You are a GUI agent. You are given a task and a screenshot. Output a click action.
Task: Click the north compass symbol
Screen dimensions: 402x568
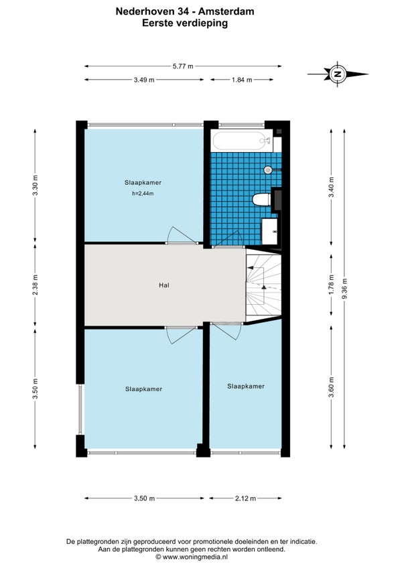coord(338,74)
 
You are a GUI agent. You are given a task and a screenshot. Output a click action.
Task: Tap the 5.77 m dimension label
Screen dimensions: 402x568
coord(183,66)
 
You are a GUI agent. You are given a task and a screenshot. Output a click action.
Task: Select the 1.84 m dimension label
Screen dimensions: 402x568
coord(242,80)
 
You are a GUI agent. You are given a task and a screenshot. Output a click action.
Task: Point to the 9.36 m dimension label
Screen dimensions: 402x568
coord(344,289)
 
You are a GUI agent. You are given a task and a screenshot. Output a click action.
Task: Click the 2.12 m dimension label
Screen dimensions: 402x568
coord(245,498)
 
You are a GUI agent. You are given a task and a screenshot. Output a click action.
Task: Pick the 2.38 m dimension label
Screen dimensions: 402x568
coord(35,285)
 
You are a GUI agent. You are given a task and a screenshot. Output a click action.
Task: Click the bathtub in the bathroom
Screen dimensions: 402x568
coord(242,141)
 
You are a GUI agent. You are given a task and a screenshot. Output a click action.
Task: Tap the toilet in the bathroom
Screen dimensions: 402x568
coord(261,199)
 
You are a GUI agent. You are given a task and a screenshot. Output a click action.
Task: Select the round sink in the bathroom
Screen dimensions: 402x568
coord(268,169)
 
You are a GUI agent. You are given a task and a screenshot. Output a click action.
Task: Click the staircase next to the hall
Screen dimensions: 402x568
coord(263,285)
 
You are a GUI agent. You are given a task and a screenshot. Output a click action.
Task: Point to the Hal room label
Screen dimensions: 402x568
coord(164,285)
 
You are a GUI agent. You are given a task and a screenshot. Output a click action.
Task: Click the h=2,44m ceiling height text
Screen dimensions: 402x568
coord(143,194)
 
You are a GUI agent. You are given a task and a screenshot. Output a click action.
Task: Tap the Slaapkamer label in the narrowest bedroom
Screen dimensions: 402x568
coord(246,386)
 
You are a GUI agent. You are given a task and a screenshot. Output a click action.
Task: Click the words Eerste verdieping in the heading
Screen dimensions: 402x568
coord(185,23)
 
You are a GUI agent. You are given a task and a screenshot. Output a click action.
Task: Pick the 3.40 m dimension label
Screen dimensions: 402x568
coord(331,188)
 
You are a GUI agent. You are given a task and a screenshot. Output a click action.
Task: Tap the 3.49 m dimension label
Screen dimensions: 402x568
coord(144,80)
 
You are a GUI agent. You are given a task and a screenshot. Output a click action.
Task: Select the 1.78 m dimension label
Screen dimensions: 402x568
coord(331,285)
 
